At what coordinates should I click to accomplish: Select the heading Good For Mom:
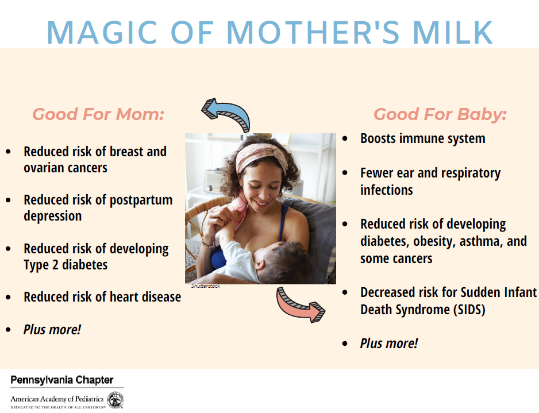[x=98, y=114]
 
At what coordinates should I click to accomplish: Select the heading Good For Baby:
[x=440, y=114]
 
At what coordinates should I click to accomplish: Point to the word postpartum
[x=141, y=200]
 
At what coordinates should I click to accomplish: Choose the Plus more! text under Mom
[x=52, y=330]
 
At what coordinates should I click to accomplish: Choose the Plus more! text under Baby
[x=389, y=343]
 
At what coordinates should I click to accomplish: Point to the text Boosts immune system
[x=422, y=138]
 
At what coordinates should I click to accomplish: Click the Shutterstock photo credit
[x=205, y=286]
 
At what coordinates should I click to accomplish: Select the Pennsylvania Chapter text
[x=61, y=380]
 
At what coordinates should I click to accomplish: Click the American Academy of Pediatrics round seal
[x=115, y=399]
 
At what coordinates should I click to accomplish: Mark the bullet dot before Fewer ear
[x=345, y=173]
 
